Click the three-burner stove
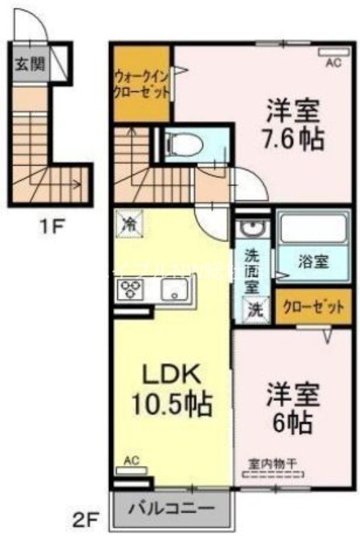(129, 291)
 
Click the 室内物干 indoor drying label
(274, 464)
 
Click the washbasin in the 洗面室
(252, 228)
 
